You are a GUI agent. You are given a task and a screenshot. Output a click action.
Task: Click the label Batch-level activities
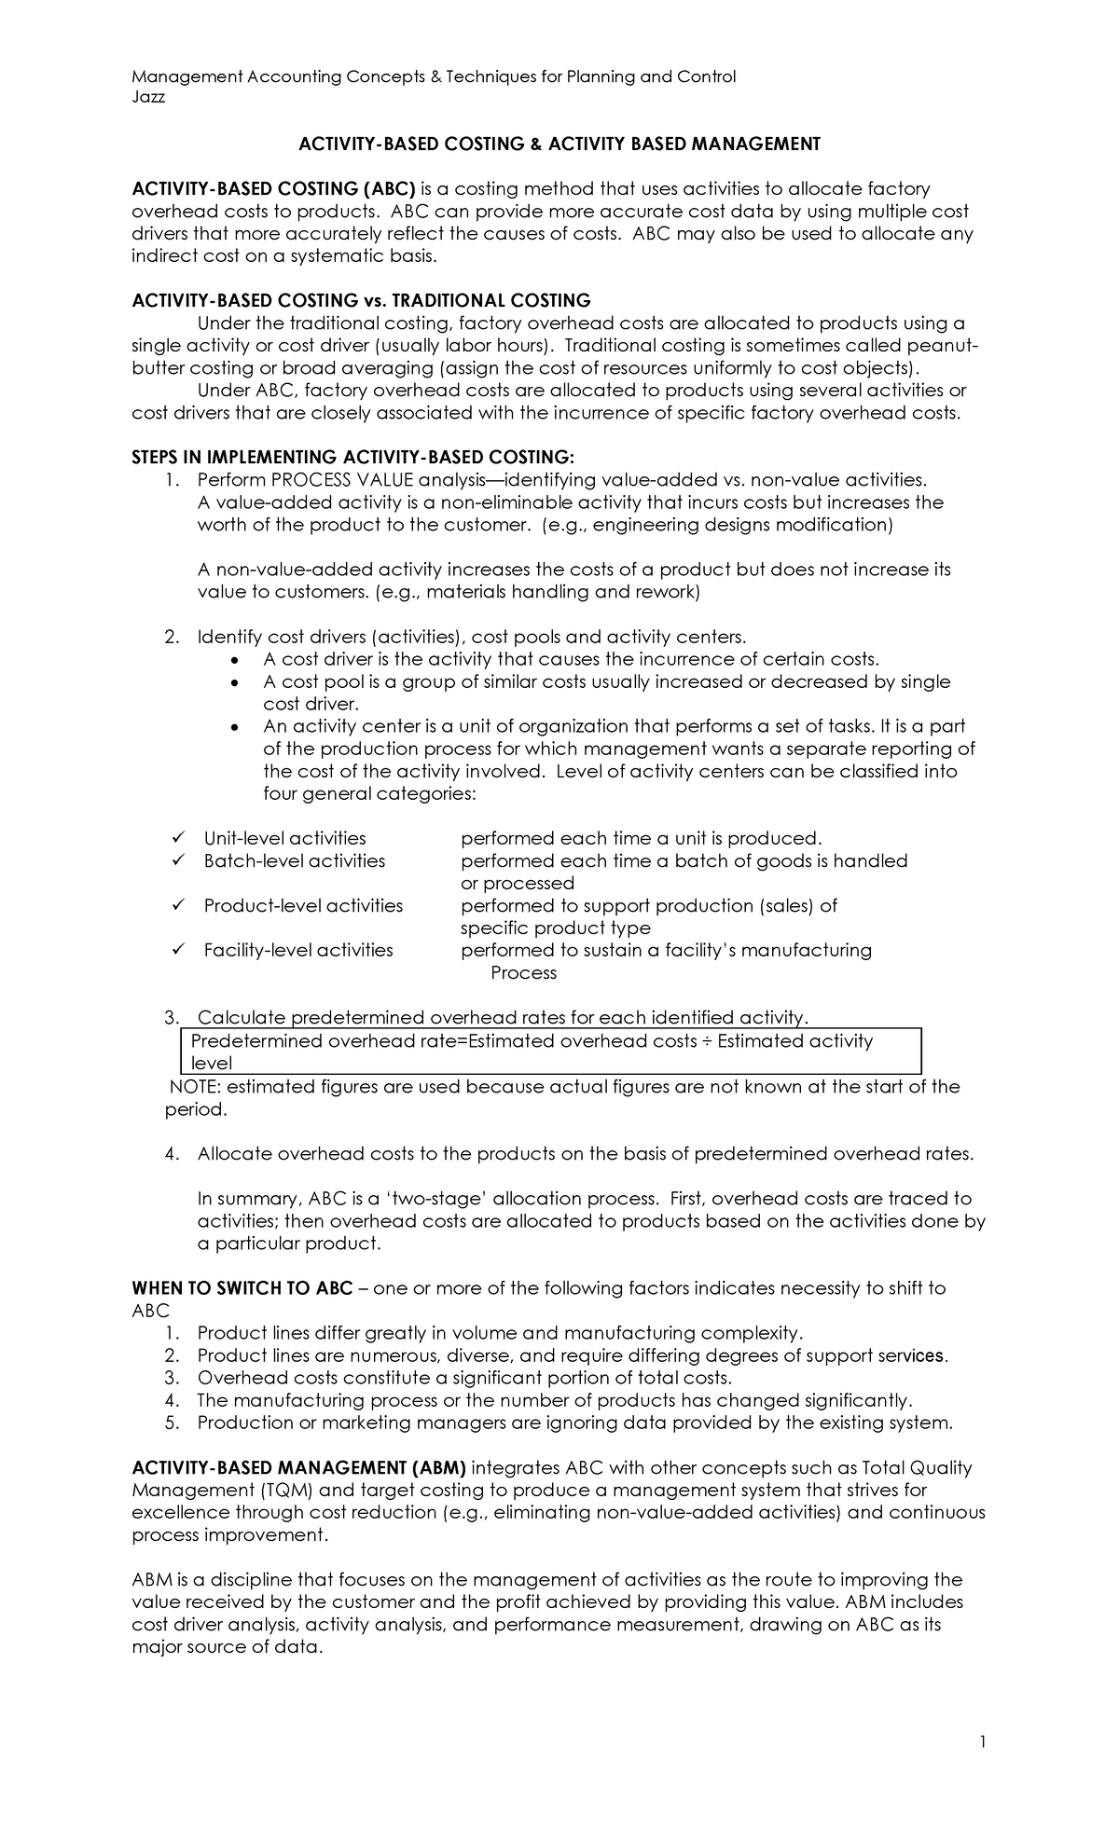294,860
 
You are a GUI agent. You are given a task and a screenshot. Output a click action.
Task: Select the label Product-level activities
303,905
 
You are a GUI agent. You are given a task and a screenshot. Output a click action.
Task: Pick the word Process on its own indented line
523,972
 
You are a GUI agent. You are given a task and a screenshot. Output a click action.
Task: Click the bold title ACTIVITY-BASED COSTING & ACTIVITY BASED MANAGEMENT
559,144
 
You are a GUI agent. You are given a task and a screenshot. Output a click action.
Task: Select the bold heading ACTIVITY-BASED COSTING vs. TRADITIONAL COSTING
361,300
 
